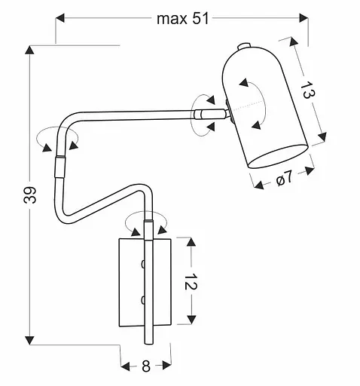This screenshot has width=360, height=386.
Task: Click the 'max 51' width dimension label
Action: [x=182, y=20]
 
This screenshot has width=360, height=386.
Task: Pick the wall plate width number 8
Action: [x=146, y=367]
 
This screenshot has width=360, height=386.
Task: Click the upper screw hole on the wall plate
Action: [x=142, y=263]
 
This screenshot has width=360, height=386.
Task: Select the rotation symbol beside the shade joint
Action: [x=203, y=113]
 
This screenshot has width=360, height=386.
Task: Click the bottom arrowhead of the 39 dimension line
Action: [x=29, y=338]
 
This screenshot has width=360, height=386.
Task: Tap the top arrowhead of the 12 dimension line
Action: [x=190, y=241]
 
